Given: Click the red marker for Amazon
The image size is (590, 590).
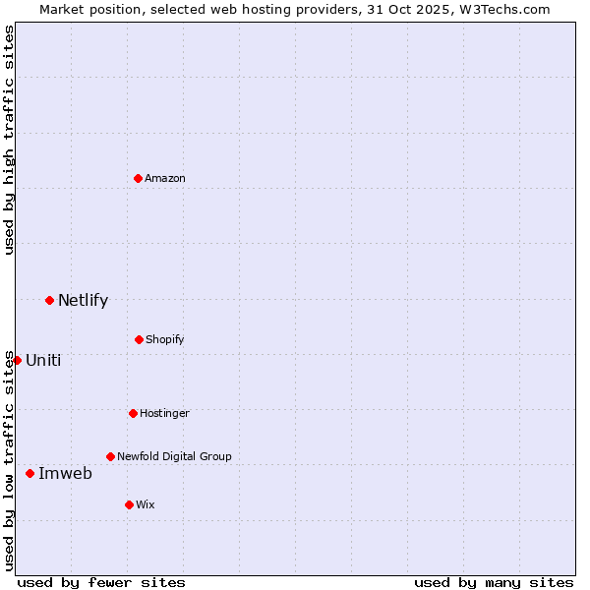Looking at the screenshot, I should [138, 178].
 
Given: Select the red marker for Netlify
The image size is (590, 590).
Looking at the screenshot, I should [49, 300].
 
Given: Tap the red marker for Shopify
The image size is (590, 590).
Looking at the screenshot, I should [139, 339].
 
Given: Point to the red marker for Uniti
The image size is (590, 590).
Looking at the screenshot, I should [17, 360].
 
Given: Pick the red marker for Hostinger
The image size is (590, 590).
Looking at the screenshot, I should [133, 413].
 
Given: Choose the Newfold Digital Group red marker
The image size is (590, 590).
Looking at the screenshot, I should [110, 456].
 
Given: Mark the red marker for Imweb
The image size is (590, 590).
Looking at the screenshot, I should [29, 473].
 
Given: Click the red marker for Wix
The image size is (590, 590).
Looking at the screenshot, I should [129, 504].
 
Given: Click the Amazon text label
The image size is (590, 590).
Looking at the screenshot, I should [165, 178].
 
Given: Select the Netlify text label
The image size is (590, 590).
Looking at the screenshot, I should [83, 301].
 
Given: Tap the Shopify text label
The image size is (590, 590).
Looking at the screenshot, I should [165, 339].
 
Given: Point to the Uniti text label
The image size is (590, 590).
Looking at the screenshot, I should [43, 360].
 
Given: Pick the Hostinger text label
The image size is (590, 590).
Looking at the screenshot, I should [164, 413].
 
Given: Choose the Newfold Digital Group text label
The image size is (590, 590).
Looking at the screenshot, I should [174, 456].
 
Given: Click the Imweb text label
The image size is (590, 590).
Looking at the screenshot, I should [65, 474].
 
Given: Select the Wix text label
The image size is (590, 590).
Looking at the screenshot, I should [146, 504].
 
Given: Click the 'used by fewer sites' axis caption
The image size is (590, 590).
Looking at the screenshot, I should [101, 582].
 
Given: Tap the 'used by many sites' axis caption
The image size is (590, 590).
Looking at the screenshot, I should [494, 582].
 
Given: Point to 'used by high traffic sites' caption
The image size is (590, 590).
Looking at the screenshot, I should [9, 140].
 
